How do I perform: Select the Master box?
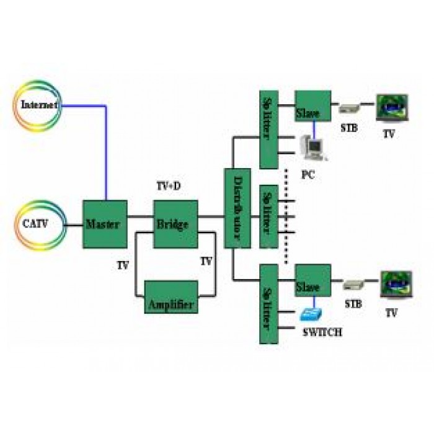pos(105,224)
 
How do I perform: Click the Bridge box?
pos(175,224)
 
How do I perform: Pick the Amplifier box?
pos(171,297)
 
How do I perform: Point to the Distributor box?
pos(237,208)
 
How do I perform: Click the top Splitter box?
pos(268,130)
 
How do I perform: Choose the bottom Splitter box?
pos(268,304)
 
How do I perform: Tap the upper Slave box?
pos(313,106)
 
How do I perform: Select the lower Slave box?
pos(313,280)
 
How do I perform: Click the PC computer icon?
pos(314,148)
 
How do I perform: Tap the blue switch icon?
pos(311,314)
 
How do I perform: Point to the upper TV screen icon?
pos(392,108)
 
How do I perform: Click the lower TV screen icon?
pos(397,284)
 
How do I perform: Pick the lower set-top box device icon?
pos(354,285)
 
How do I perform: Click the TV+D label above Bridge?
pos(169,186)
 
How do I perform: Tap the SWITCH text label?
pos(323,332)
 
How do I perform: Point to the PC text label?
pos(308,175)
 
